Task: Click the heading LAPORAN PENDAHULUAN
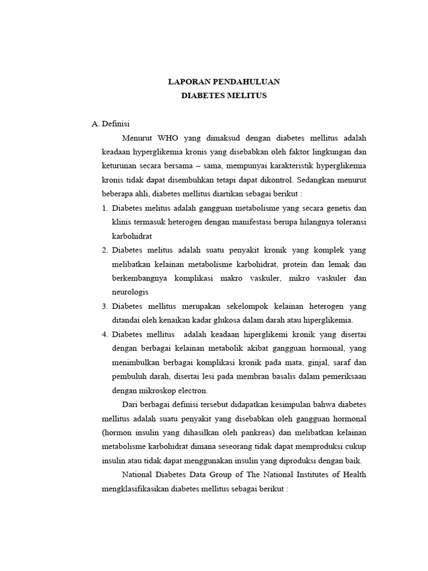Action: coord(224,82)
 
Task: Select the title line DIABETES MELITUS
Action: coord(224,96)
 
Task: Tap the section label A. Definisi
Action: coord(110,124)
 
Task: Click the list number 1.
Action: coord(105,208)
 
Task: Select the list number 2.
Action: coord(105,250)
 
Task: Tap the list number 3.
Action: coord(105,306)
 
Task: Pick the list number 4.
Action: coord(105,334)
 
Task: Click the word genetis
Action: coord(336,208)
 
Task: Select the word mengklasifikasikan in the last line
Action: coord(136,488)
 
